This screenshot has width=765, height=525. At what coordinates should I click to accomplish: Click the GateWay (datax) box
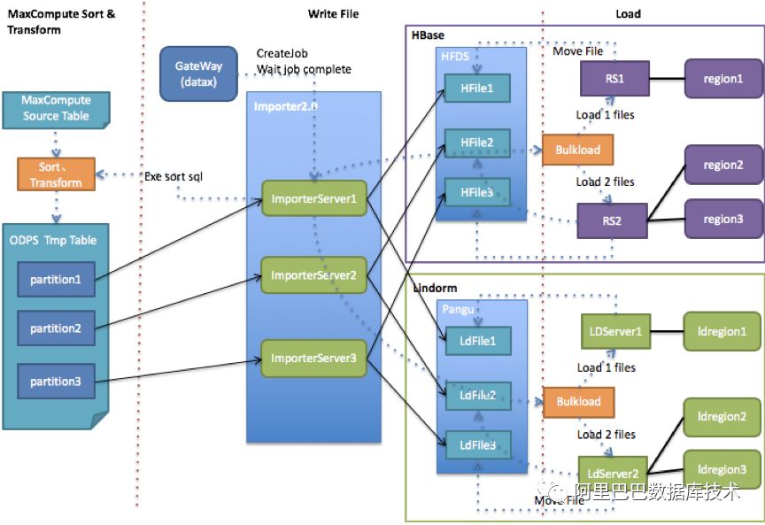[x=198, y=73]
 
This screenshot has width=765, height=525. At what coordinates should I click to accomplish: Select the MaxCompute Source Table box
[x=55, y=109]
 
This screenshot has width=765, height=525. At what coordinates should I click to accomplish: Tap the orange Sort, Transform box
[x=55, y=174]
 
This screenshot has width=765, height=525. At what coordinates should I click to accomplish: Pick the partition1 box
[x=55, y=280]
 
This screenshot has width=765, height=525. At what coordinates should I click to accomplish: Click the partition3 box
[x=55, y=381]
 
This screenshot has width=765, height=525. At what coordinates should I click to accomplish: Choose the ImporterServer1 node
[x=313, y=198]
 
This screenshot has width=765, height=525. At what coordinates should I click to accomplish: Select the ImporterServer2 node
[x=313, y=275]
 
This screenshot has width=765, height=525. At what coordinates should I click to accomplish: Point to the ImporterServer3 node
[x=313, y=358]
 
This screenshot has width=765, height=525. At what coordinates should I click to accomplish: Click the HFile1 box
[x=478, y=87]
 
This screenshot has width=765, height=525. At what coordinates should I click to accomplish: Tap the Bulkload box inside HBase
[x=577, y=150]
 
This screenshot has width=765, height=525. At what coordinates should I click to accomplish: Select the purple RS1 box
[x=614, y=79]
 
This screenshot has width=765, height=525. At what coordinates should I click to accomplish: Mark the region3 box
[x=722, y=219]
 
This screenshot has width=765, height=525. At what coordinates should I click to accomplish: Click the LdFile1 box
[x=478, y=338]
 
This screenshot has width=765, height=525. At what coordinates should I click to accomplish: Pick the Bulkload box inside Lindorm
[x=577, y=401]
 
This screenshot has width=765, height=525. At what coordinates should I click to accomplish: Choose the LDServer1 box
[x=614, y=331]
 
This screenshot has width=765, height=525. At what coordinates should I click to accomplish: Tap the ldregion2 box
[x=722, y=417]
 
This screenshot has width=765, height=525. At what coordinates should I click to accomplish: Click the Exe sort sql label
[x=174, y=177]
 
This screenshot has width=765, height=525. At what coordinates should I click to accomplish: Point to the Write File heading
[x=333, y=14]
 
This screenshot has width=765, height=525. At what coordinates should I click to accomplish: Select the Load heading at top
[x=628, y=14]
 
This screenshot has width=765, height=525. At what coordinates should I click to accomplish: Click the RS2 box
[x=614, y=220]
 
